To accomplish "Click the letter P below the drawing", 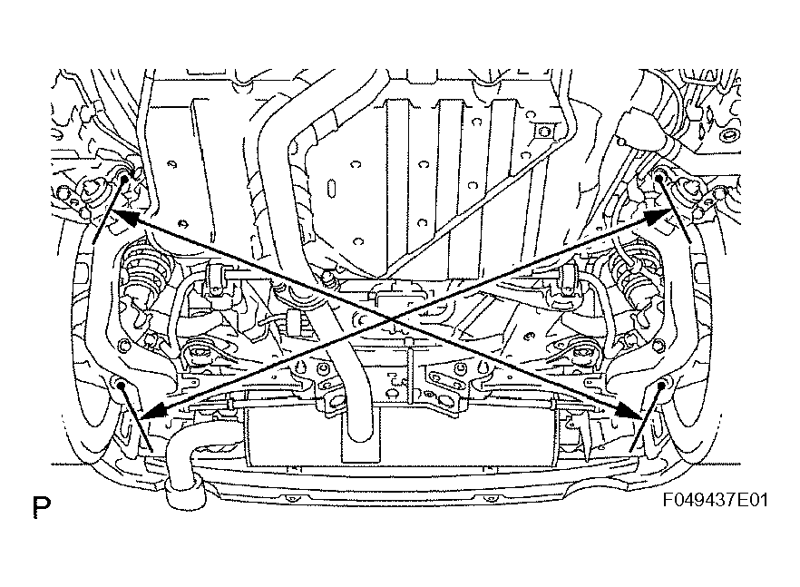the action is click(42, 507).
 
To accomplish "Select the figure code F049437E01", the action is click(716, 500).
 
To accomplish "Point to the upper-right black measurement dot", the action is click(659, 178).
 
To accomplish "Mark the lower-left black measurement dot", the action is click(121, 385).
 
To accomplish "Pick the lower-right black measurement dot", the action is click(662, 385).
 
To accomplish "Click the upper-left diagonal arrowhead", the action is click(124, 216).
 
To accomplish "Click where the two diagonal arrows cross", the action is click(391, 318).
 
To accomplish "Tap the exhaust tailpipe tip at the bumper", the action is click(186, 495).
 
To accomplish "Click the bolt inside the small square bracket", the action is click(541, 132).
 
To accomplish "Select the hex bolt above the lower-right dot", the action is click(659, 346).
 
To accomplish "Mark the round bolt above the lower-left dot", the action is click(122, 346).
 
